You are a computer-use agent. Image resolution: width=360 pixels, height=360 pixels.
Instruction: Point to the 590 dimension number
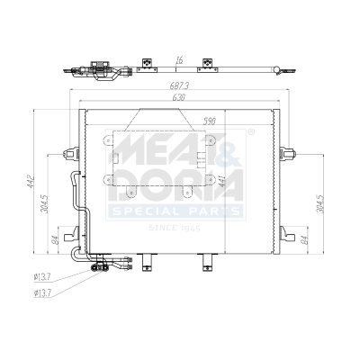[x=210, y=120]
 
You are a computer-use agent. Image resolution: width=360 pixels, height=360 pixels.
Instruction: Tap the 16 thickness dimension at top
[x=179, y=58]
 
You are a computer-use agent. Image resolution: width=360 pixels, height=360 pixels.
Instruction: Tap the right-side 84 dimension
[x=304, y=238]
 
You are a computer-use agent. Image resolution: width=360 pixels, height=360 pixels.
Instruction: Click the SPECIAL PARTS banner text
[x=175, y=211]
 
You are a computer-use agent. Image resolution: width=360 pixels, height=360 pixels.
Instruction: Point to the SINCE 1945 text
[x=176, y=229]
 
